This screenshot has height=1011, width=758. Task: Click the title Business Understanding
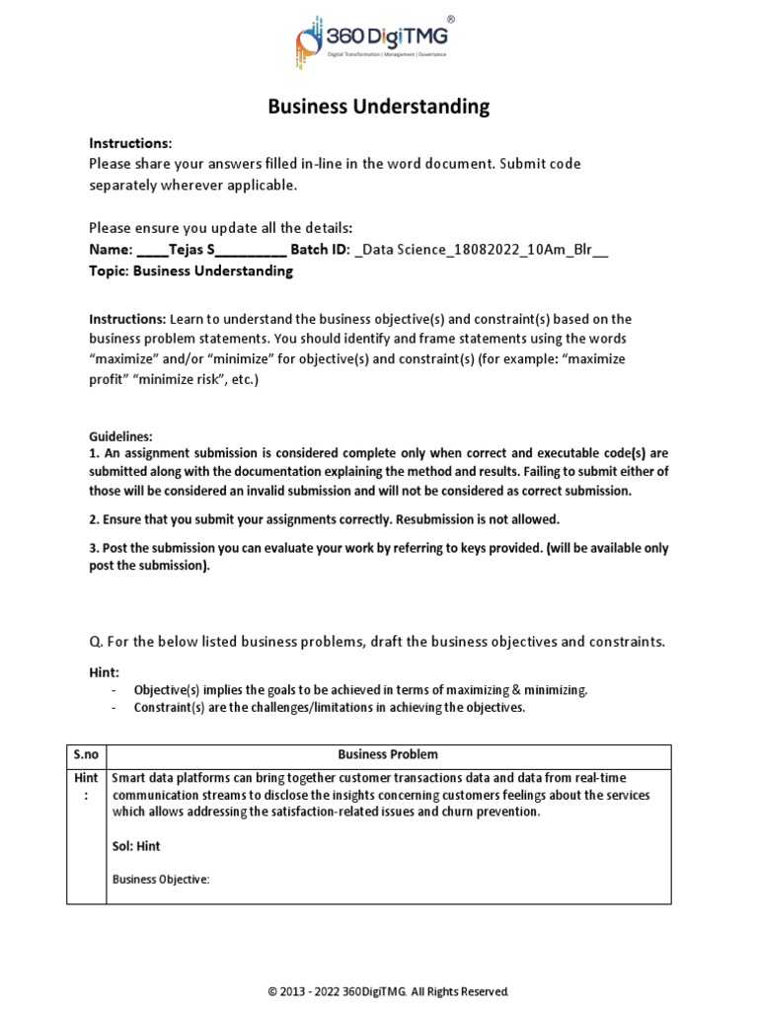pyautogui.click(x=379, y=107)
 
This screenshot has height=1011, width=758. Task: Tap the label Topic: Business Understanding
pyautogui.click(x=190, y=271)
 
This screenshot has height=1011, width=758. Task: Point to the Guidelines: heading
pyautogui.click(x=121, y=435)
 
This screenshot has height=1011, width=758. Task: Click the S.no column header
pyautogui.click(x=87, y=754)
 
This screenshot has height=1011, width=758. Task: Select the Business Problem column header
pyautogui.click(x=388, y=754)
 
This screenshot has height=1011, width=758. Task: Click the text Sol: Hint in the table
pyautogui.click(x=136, y=846)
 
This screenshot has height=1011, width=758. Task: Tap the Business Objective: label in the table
pyautogui.click(x=161, y=880)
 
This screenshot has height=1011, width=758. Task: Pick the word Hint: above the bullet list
pyautogui.click(x=104, y=671)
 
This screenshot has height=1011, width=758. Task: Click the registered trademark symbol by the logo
pyautogui.click(x=451, y=19)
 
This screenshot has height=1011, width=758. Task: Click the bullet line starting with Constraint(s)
pyautogui.click(x=330, y=707)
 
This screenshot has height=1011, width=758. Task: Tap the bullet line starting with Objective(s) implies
pyautogui.click(x=360, y=690)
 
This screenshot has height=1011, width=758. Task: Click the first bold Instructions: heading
pyautogui.click(x=130, y=143)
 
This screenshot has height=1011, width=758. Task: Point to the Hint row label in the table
pyautogui.click(x=87, y=786)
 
